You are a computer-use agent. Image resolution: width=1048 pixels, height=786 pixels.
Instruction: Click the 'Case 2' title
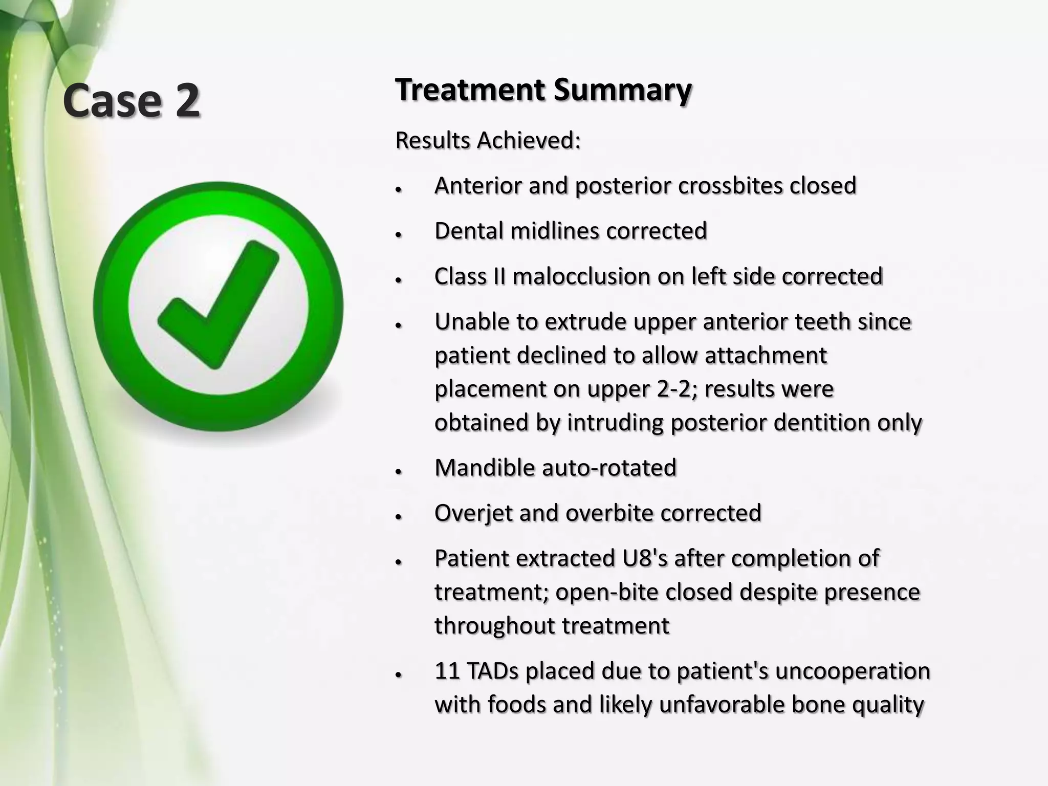(131, 100)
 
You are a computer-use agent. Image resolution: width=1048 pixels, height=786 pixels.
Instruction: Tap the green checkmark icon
(219, 307)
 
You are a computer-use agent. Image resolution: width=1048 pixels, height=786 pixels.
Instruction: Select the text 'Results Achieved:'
(488, 140)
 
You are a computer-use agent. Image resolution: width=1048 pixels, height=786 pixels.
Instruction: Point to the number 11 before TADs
(446, 671)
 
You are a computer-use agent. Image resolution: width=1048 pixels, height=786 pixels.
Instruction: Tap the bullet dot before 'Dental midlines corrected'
(398, 234)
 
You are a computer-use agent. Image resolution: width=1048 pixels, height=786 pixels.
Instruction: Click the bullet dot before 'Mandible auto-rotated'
(398, 471)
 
